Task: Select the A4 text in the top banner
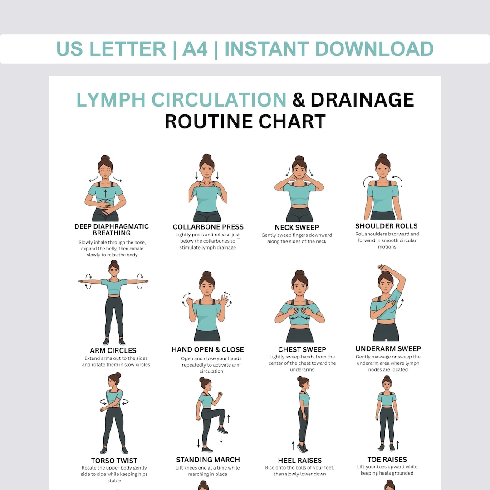pos(195,49)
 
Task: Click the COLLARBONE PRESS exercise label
pos(208,227)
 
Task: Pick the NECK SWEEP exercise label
pos(297,227)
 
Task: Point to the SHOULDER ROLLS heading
pos(387,226)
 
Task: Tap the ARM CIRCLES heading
pos(113,350)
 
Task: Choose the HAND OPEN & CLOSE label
pos(208,349)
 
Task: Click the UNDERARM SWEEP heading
pos(388,348)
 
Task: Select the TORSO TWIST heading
pos(114,461)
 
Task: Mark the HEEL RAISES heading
pos(299,461)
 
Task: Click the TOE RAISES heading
pos(387,460)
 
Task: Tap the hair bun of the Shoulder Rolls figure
pos(382,157)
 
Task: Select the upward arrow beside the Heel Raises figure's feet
pos(293,445)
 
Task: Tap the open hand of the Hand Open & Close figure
pos(224,301)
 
